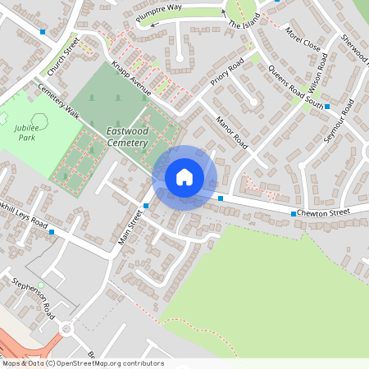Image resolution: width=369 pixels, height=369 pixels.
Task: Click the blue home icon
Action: pyautogui.click(x=184, y=177)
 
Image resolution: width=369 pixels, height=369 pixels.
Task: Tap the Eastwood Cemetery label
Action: pyautogui.click(x=126, y=137)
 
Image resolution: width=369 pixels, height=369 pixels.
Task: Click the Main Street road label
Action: pyautogui.click(x=131, y=225)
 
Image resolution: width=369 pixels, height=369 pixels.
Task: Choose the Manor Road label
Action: pyautogui.click(x=230, y=131)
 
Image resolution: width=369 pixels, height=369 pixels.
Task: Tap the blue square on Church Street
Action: pyautogui.click(x=43, y=31)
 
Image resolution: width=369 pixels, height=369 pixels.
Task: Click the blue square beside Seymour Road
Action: pyautogui.click(x=327, y=107)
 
